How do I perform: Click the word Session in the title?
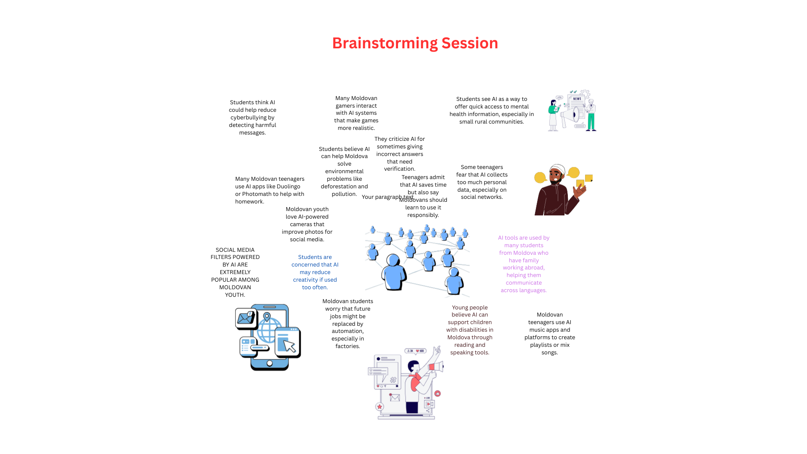[x=469, y=43]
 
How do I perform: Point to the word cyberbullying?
[x=252, y=118]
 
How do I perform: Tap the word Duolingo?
[x=288, y=187]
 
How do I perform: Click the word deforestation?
[x=338, y=187]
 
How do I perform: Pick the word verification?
[x=399, y=169]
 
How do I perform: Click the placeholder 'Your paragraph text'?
[x=387, y=197]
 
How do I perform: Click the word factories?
[x=348, y=346]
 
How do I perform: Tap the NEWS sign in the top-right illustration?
[x=577, y=99]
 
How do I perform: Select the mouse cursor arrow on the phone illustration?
[x=289, y=346]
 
